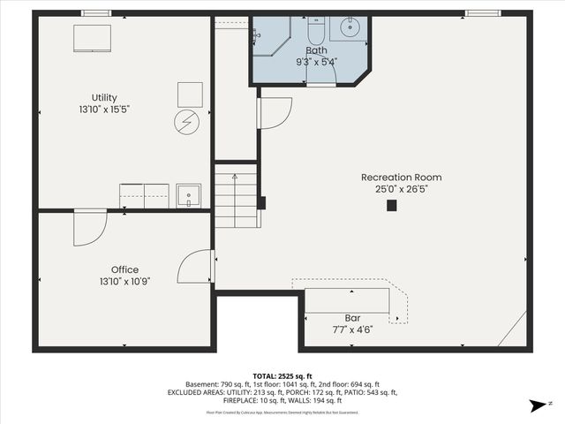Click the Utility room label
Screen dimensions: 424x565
104,98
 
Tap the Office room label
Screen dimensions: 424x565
124,270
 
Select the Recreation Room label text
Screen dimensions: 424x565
402,178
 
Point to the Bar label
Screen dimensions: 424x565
352,317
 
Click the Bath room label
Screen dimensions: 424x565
316,50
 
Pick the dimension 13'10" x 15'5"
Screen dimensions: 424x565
104,110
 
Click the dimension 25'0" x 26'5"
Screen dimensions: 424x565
402,190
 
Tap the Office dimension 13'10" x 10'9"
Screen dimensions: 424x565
124,282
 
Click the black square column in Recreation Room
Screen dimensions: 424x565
392,206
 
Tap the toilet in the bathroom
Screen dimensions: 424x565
316,27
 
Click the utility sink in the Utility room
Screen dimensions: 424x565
188,195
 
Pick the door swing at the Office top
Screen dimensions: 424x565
89,227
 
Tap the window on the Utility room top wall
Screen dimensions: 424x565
96,13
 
